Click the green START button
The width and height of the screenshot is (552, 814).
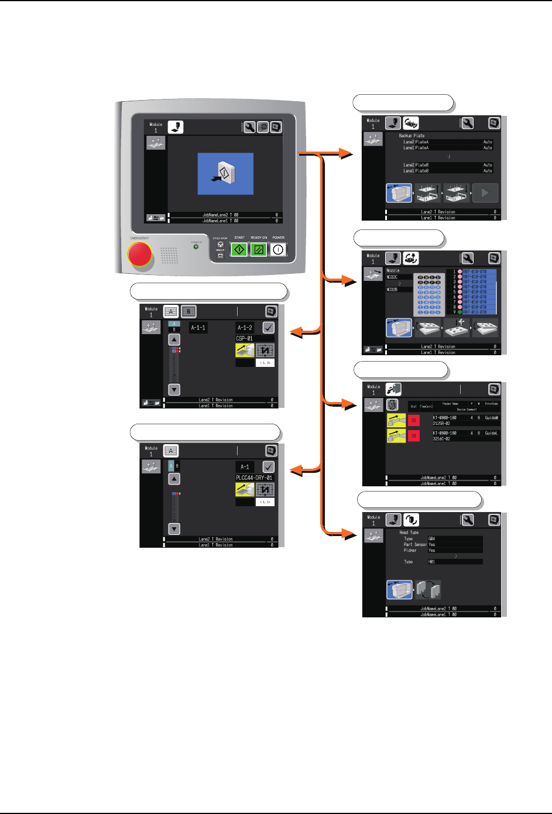tap(239, 249)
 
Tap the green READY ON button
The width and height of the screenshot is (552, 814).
tap(258, 249)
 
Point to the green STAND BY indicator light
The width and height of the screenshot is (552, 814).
tap(196, 246)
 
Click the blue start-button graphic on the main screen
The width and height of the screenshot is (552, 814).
tap(225, 174)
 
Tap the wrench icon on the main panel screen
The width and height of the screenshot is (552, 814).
tap(249, 127)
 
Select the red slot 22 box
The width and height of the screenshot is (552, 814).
tap(414, 420)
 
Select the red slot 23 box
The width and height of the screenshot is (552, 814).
tap(414, 435)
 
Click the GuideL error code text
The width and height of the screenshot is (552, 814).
tap(491, 433)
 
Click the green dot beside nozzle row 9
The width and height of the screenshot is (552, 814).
tap(460, 312)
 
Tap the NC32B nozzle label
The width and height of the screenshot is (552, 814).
tap(392, 290)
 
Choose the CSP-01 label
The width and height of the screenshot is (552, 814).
tap(245, 338)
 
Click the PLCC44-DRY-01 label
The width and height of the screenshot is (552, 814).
tap(254, 478)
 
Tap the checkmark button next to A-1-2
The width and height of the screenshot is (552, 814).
tap(268, 328)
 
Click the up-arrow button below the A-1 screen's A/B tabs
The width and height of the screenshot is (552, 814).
tap(174, 479)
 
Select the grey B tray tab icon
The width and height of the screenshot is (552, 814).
tap(188, 311)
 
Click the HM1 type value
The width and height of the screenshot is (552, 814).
tap(432, 562)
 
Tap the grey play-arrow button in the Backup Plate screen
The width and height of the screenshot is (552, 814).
tap(485, 193)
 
